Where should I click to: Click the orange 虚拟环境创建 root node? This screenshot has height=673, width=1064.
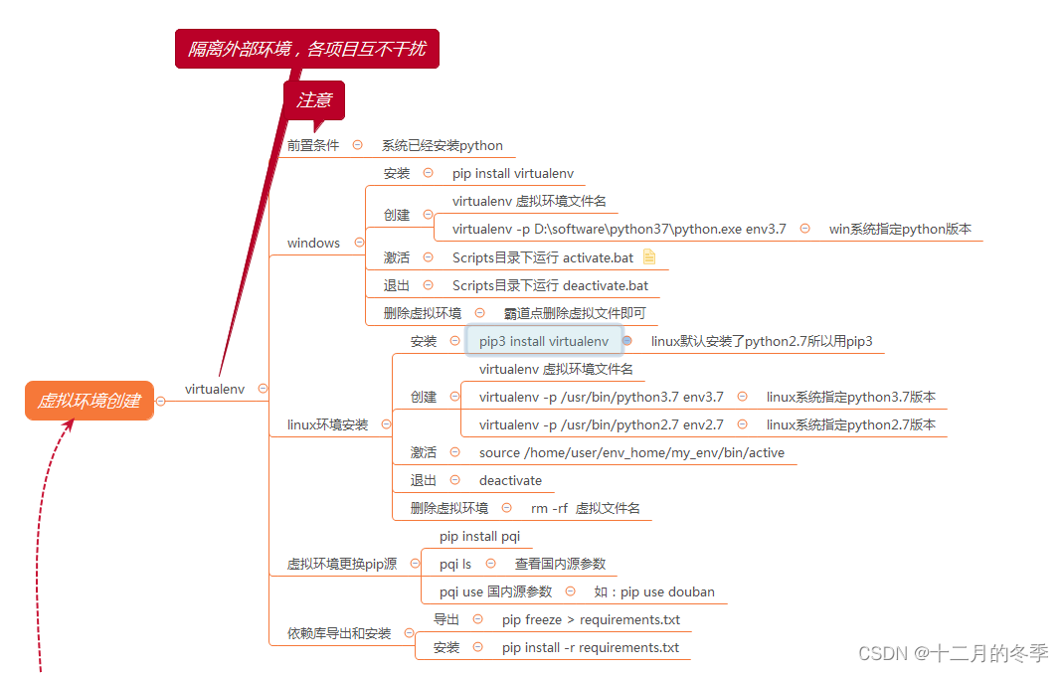pyautogui.click(x=89, y=401)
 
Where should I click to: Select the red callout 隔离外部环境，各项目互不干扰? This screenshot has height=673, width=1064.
pyautogui.click(x=306, y=48)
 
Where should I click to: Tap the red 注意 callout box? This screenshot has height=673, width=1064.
pyautogui.click(x=314, y=99)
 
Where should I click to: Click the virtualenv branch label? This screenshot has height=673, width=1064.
pyautogui.click(x=215, y=389)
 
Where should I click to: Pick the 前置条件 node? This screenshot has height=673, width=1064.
pyautogui.click(x=313, y=145)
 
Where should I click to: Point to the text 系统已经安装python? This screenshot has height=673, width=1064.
pyautogui.click(x=443, y=145)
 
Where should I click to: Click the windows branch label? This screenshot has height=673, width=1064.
pyautogui.click(x=313, y=243)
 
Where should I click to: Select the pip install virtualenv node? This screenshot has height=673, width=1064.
pyautogui.click(x=513, y=173)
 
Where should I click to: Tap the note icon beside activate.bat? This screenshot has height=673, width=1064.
pyautogui.click(x=649, y=256)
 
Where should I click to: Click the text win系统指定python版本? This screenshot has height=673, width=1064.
pyautogui.click(x=900, y=229)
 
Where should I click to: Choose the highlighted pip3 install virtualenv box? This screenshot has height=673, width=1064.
pyautogui.click(x=544, y=341)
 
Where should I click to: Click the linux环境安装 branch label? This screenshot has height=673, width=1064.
pyautogui.click(x=327, y=424)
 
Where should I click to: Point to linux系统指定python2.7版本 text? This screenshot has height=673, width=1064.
pyautogui.click(x=851, y=424)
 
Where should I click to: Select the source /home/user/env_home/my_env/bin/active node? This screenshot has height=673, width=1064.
pyautogui.click(x=631, y=452)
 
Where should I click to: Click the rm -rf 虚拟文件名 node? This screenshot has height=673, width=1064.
pyautogui.click(x=586, y=508)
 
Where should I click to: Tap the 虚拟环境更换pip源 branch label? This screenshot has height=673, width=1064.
pyautogui.click(x=341, y=564)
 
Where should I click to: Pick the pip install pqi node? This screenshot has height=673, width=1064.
pyautogui.click(x=479, y=536)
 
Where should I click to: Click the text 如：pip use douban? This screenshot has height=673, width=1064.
pyautogui.click(x=654, y=591)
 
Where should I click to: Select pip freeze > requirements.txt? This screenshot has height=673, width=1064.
pyautogui.click(x=591, y=619)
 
